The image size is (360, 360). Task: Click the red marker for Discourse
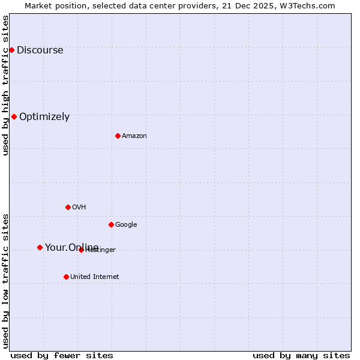click(11, 50)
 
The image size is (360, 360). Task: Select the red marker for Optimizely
click(14, 116)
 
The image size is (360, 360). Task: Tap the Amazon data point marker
click(118, 136)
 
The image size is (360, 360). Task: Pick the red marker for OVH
click(68, 207)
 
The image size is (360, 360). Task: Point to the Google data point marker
click(111, 224)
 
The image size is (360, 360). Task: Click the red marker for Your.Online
click(40, 247)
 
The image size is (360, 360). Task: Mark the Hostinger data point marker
click(81, 250)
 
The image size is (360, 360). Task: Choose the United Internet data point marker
click(66, 277)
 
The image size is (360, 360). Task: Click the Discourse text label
click(40, 50)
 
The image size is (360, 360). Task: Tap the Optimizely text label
click(44, 117)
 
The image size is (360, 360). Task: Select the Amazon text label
click(134, 136)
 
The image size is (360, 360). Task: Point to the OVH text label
click(79, 208)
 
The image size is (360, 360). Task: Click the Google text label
click(126, 225)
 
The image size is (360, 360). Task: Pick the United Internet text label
click(94, 277)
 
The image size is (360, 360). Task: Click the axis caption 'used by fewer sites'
click(62, 355)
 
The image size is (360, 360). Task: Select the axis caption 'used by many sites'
click(301, 355)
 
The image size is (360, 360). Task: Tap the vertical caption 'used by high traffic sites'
click(5, 85)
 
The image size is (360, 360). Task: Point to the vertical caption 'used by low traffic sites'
click(5, 281)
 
